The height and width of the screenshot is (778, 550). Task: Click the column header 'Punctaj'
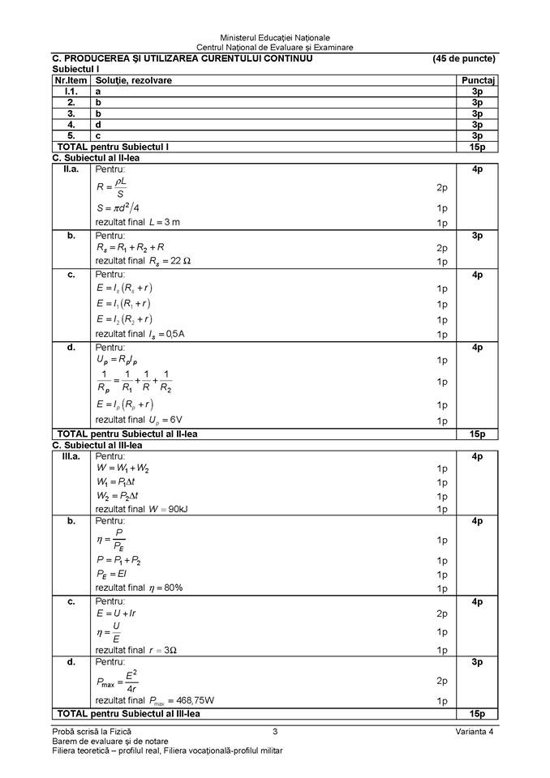pos(477,81)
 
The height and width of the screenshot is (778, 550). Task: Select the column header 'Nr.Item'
pos(71,81)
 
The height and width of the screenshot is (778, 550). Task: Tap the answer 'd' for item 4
pos(98,125)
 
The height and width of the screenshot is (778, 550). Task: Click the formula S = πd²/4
pos(118,207)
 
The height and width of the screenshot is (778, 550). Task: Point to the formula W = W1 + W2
pos(122,468)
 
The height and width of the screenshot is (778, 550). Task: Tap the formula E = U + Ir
pos(116,613)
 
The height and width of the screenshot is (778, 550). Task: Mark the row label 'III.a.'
pos(71,456)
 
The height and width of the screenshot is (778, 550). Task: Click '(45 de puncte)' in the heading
pos(464,58)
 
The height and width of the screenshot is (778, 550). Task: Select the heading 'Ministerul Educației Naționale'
pos(275,37)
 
